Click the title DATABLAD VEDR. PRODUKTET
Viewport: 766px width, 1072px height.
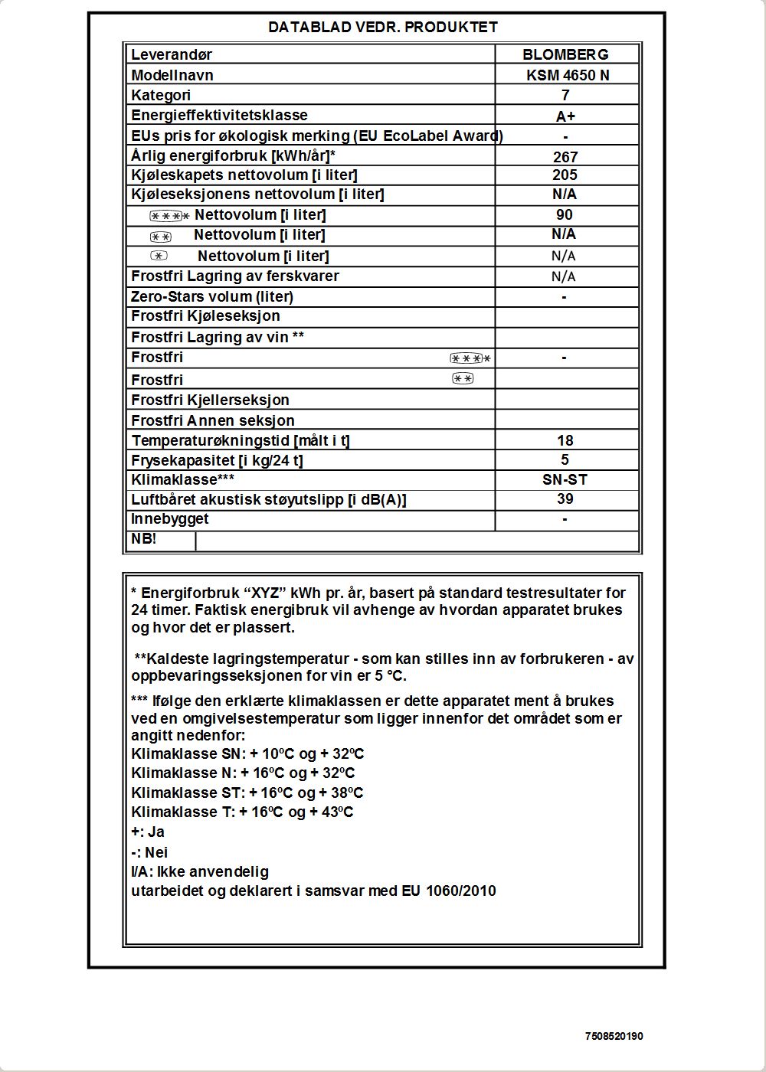(383, 28)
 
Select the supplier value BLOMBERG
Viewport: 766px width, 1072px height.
(565, 54)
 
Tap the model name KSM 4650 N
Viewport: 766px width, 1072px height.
(568, 75)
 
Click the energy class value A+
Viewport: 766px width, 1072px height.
(565, 116)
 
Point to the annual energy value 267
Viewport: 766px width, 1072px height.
(565, 157)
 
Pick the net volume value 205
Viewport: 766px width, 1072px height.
(565, 175)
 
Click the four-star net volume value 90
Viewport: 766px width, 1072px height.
(565, 214)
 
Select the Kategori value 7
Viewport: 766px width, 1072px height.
(565, 95)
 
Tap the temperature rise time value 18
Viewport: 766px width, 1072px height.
(565, 440)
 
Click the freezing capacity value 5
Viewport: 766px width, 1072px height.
(565, 459)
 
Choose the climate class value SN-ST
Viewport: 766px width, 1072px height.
(565, 479)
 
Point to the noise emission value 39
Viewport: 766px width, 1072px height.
(565, 498)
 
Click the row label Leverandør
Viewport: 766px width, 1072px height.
(172, 54)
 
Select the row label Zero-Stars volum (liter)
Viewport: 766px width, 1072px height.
(212, 296)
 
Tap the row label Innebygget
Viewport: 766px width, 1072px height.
(169, 518)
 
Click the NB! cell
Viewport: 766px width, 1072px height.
(144, 538)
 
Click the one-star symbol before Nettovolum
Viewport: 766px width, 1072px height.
(159, 256)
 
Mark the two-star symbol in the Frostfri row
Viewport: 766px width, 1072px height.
(463, 378)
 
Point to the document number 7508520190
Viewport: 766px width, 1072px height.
(614, 1036)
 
